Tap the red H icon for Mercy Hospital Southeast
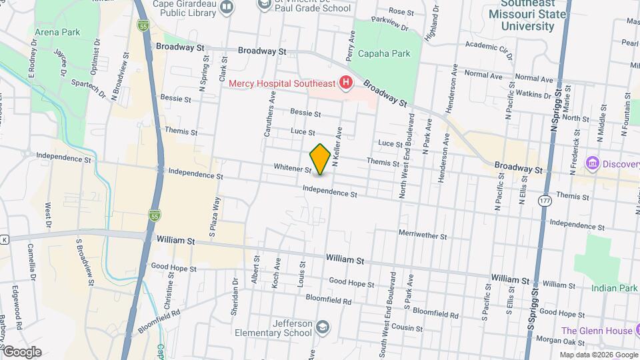pyautogui.click(x=345, y=83)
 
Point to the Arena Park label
pyautogui.click(x=57, y=32)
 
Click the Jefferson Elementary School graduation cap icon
pyautogui.click(x=323, y=327)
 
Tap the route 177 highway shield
pyautogui.click(x=546, y=201)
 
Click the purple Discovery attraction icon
pyautogui.click(x=591, y=163)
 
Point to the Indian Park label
pyautogui.click(x=614, y=288)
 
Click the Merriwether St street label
pyautogui.click(x=421, y=235)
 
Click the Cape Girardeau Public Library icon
pyautogui.click(x=227, y=7)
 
